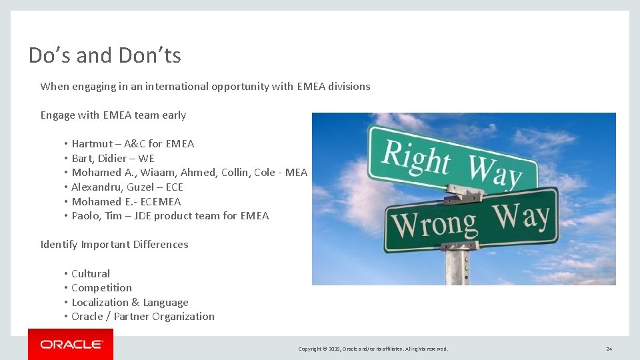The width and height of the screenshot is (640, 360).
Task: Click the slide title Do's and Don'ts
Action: pyautogui.click(x=105, y=55)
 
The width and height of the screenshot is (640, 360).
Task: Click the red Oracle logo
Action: pyautogui.click(x=71, y=345)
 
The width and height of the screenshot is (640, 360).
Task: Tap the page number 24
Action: pyautogui.click(x=609, y=349)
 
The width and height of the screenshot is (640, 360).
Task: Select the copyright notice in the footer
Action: pyautogui.click(x=373, y=349)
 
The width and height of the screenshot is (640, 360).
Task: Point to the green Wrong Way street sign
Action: pyautogui.click(x=471, y=221)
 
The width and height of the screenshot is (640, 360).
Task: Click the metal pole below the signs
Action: pyautogui.click(x=458, y=267)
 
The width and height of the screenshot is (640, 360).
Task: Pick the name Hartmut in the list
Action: pyautogui.click(x=93, y=144)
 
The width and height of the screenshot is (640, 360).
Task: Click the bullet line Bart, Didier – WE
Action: pyautogui.click(x=113, y=158)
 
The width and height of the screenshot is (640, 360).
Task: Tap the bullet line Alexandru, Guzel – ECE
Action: pyautogui.click(x=127, y=187)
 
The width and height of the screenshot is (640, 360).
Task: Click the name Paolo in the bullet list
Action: pyautogui.click(x=86, y=216)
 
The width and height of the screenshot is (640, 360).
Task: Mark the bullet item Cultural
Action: pyautogui.click(x=91, y=274)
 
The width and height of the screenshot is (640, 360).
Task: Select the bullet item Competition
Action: pyautogui.click(x=101, y=288)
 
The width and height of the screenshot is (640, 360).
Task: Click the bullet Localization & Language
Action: pyautogui.click(x=129, y=303)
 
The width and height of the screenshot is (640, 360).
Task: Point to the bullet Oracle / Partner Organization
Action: pyautogui.click(x=143, y=317)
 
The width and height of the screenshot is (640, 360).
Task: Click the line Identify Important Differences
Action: pyautogui.click(x=114, y=245)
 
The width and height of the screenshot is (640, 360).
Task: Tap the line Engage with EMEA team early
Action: pyautogui.click(x=113, y=115)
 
